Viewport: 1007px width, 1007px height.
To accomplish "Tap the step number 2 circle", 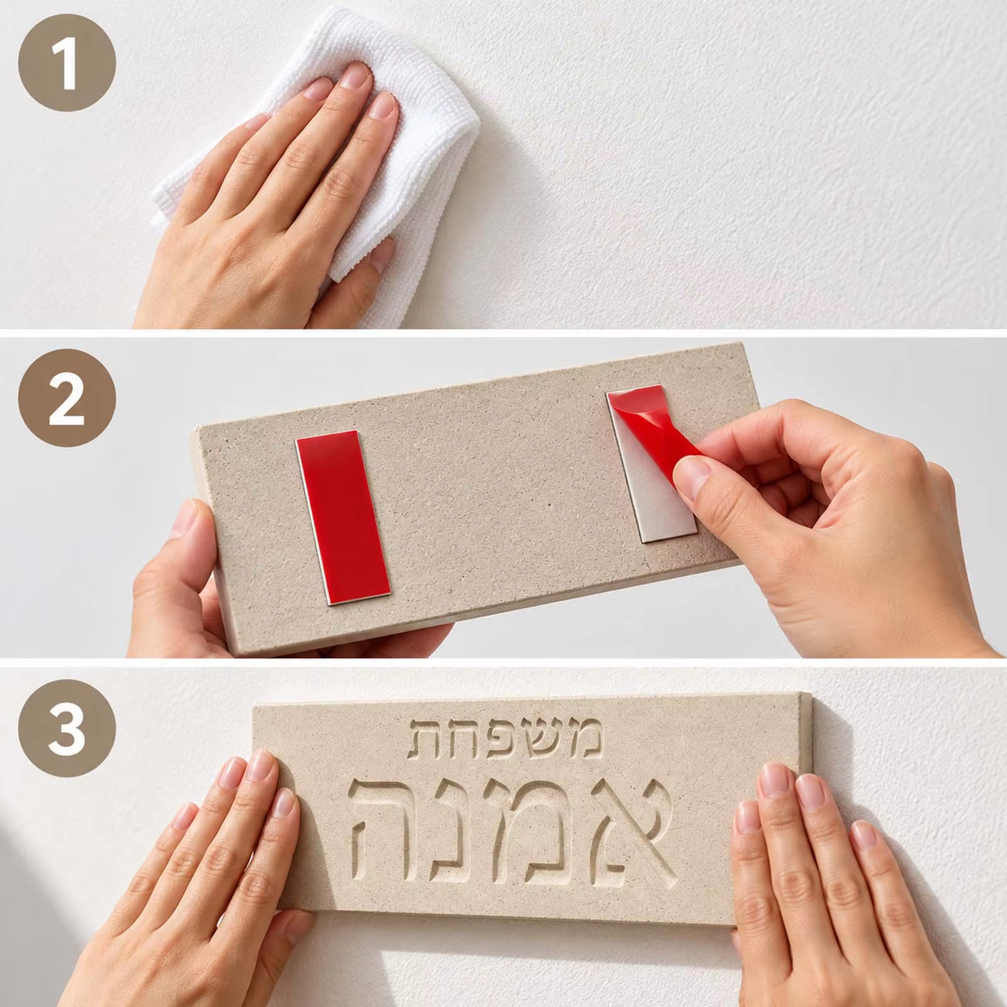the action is click(x=67, y=398).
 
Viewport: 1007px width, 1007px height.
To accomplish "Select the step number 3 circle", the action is click(x=67, y=729).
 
